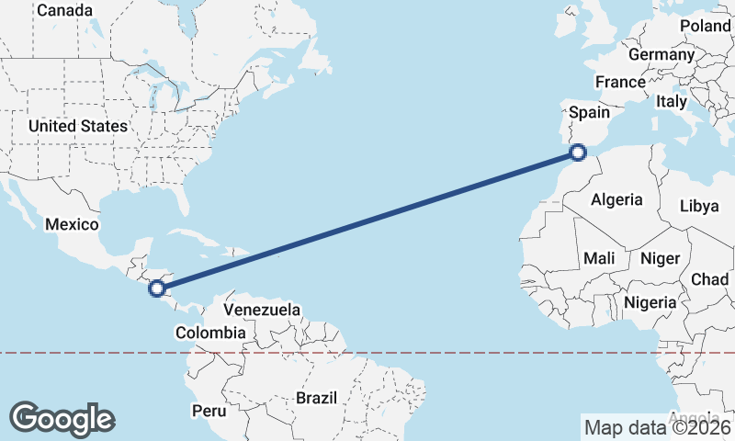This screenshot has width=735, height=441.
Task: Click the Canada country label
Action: point(63,10)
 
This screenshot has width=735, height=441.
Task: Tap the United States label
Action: point(78,126)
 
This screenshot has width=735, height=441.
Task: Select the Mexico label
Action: point(72,224)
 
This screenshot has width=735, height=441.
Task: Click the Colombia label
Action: point(210,333)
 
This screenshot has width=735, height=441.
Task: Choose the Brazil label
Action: point(317,399)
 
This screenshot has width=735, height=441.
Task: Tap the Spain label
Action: point(590,112)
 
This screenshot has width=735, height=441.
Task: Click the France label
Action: point(620,82)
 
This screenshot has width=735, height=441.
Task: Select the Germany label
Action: point(661,55)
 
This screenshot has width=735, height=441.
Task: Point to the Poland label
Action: point(705,26)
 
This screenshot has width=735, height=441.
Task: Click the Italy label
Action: point(672,101)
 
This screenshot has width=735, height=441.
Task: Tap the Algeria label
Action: point(616,199)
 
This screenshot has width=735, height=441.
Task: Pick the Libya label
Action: point(699,206)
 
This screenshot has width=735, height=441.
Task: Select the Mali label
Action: point(599,259)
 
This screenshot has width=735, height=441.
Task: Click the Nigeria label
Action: point(650,301)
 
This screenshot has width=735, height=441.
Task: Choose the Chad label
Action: point(709,279)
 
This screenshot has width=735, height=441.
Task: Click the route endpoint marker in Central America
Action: point(158,288)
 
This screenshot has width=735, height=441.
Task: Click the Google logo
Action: point(62,418)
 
